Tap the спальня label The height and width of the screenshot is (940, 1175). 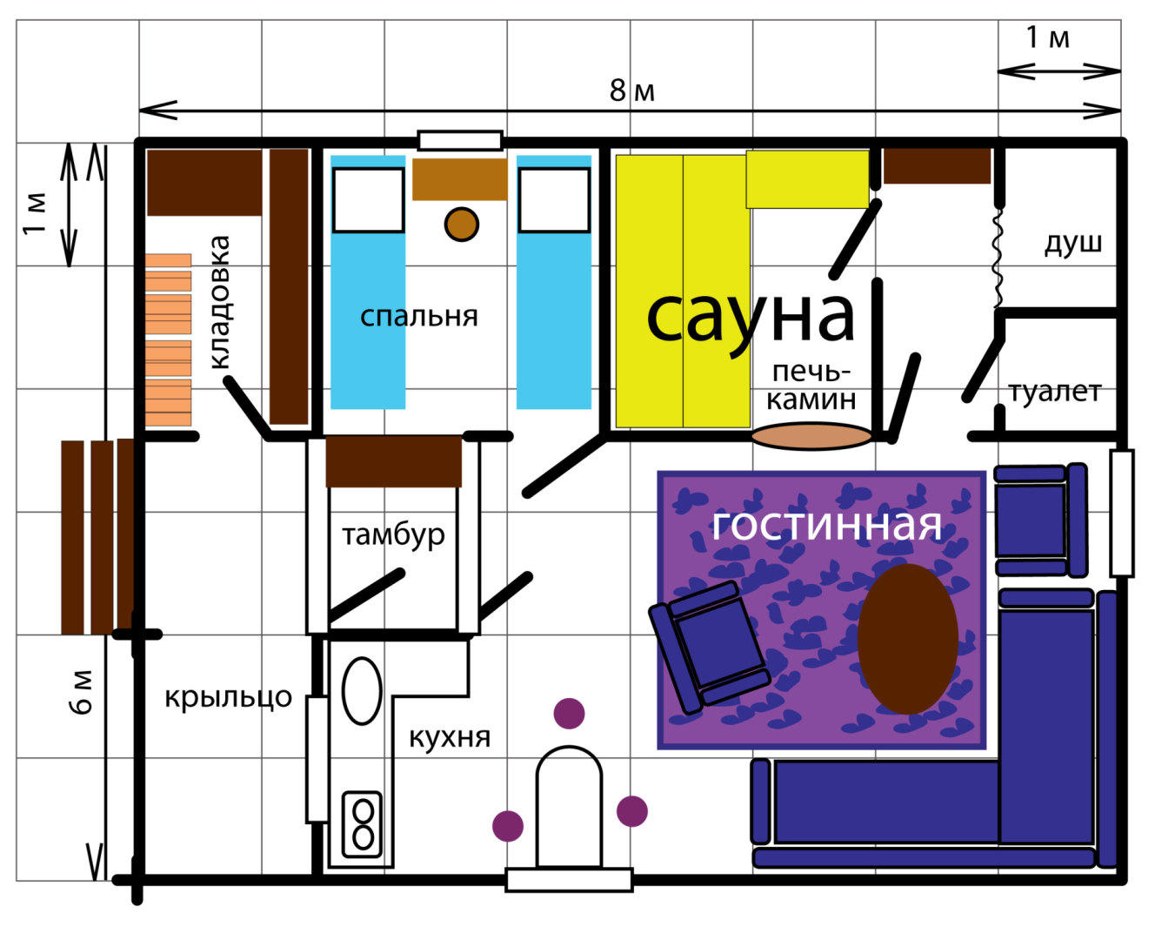(419, 317)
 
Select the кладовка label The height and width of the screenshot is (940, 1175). (221, 302)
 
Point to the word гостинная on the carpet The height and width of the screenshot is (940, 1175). (827, 525)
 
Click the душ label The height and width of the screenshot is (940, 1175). (1073, 244)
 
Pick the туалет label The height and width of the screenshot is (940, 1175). (1055, 393)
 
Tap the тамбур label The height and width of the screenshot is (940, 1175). (393, 534)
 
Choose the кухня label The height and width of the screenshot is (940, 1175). (450, 738)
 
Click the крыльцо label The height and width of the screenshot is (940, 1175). (228, 698)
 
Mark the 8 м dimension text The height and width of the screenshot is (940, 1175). (631, 91)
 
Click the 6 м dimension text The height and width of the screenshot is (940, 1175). (82, 693)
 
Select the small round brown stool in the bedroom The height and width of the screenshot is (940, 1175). (462, 224)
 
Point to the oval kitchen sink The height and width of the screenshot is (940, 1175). (362, 691)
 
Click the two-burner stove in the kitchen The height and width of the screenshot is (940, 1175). (362, 824)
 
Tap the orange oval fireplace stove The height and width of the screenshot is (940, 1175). (811, 436)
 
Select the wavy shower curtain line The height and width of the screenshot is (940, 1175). (998, 257)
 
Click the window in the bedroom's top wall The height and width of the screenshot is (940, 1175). (460, 140)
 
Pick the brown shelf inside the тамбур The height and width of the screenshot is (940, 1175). (394, 461)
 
